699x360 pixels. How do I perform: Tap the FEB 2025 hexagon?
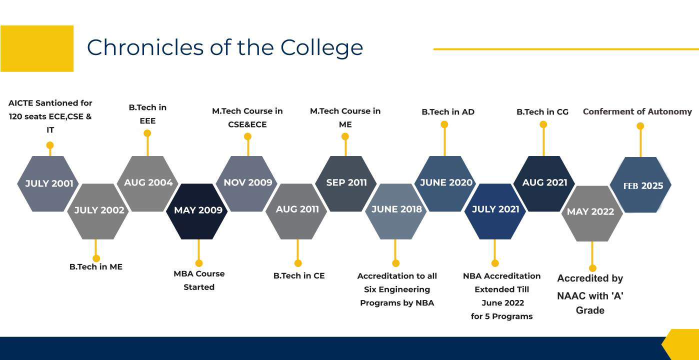[640, 185]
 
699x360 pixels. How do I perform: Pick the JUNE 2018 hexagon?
[395, 211]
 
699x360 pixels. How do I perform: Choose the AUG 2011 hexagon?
[296, 211]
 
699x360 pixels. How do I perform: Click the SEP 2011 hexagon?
[346, 183]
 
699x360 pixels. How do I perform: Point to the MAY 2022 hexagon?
[592, 213]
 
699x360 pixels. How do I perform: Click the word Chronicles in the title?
[145, 47]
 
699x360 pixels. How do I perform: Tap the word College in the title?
[321, 48]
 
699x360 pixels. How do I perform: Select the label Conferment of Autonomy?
[637, 111]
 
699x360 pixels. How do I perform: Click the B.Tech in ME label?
[96, 266]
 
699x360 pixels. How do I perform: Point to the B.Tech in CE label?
[299, 276]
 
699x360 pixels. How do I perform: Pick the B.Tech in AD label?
[448, 111]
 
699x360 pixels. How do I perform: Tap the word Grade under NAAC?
[590, 310]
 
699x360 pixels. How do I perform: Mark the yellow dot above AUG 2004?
[147, 133]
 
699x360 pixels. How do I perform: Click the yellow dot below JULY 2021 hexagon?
[495, 263]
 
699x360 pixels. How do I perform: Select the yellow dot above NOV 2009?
[247, 136]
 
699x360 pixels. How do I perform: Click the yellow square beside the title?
[37, 48]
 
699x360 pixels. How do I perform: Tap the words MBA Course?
[199, 273]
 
